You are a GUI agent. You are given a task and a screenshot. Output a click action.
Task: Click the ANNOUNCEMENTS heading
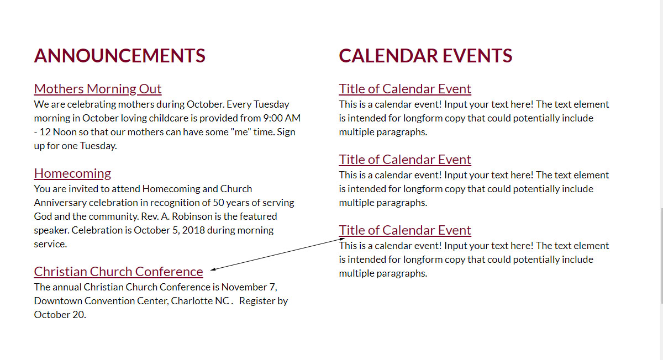pos(119,56)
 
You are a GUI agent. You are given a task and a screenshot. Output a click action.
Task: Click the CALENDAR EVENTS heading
pos(425,56)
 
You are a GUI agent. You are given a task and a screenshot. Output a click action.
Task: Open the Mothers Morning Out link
pos(98,89)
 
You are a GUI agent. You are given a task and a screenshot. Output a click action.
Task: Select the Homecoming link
pos(72,173)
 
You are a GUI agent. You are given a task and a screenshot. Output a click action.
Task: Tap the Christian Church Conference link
pos(118,272)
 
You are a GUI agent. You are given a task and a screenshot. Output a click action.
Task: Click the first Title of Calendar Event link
pos(405,89)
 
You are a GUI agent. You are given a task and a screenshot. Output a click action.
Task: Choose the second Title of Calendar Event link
pos(405,160)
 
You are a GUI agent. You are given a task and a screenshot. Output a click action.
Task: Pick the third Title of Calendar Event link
pos(405,230)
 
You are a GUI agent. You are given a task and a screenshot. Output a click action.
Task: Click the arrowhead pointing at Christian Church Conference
pos(213,269)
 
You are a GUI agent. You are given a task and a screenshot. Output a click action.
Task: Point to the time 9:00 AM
pos(282,118)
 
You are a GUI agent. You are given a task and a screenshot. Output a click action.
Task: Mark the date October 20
pos(60,314)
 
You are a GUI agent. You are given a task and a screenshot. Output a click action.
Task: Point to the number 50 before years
pos(218,203)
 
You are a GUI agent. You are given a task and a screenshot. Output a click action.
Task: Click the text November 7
pos(249,287)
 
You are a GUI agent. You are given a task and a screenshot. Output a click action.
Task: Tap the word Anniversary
pos(60,203)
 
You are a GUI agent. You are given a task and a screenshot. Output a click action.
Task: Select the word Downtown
pos(57,301)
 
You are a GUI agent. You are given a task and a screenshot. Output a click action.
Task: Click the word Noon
pos(65,132)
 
